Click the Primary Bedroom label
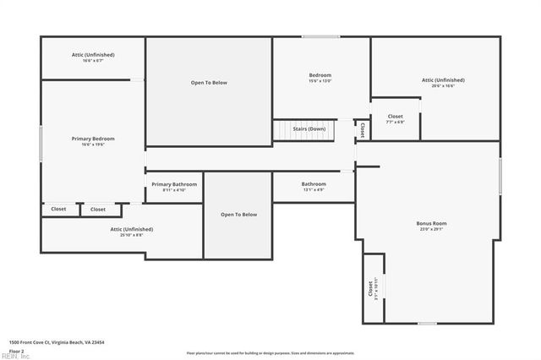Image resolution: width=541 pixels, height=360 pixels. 93,139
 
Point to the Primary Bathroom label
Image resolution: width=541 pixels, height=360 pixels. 174,184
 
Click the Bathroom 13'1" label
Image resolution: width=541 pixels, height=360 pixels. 314,184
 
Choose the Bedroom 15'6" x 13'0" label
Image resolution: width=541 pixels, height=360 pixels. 320,76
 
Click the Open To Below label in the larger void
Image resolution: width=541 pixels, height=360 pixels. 209,83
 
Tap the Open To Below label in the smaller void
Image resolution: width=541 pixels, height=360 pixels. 238,215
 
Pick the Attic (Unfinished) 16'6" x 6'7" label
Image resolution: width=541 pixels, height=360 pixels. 93,55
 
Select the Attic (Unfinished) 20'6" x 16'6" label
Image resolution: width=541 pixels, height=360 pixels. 444,80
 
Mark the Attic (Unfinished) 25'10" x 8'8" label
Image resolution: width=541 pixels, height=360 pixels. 131,229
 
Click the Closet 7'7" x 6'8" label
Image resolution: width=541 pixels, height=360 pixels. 396,117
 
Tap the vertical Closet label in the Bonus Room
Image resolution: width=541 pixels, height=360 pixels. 371,289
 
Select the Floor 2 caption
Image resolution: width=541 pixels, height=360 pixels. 17,350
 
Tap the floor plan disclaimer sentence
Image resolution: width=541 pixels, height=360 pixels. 270,352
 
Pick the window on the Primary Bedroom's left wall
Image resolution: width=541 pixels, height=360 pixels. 41,139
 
